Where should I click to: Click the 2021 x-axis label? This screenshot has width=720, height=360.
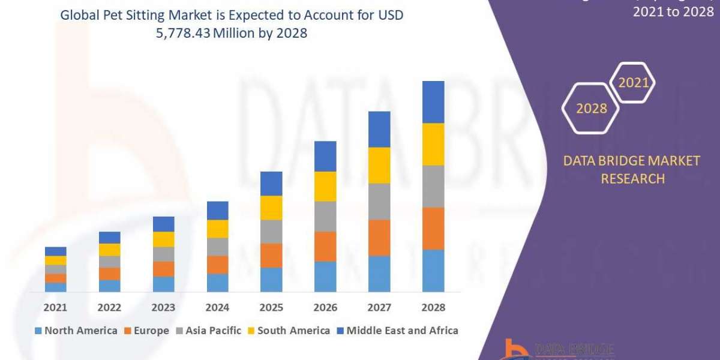click(55, 307)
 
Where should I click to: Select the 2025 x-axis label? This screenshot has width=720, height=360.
click(271, 307)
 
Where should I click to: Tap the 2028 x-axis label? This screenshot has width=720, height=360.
click(433, 307)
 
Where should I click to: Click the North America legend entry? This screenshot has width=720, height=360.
click(76, 331)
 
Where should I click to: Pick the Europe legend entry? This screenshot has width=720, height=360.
click(147, 331)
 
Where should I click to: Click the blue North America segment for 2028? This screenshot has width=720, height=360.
click(433, 271)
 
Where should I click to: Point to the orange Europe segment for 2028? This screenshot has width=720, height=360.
click(433, 229)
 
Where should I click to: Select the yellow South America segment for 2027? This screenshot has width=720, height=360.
click(379, 165)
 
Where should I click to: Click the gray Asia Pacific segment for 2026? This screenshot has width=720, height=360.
click(325, 216)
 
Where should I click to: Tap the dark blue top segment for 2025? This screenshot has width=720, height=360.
click(271, 184)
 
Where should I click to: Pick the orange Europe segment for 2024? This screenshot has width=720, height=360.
click(217, 265)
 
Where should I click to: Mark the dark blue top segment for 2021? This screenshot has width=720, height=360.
click(55, 251)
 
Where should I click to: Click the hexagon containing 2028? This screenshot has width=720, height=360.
click(591, 109)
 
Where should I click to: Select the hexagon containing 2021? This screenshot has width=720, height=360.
click(633, 82)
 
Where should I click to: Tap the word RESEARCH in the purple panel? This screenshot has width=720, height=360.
click(632, 178)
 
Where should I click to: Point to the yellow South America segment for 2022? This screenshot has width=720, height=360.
click(109, 250)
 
